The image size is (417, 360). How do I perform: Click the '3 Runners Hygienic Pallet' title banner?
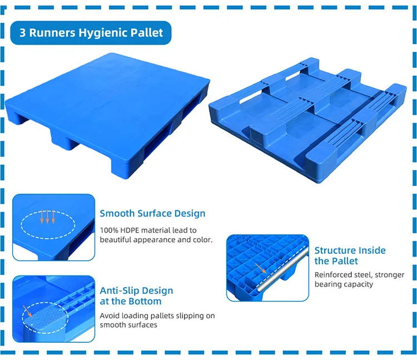tap(91, 33)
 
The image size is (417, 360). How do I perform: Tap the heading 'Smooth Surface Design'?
tap(152, 214)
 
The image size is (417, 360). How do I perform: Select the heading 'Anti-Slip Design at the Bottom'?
tap(136, 296)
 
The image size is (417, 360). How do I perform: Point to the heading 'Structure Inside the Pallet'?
tap(350, 255)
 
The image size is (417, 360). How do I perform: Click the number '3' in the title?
tap(23, 33)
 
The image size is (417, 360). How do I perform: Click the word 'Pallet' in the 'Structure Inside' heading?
tap(345, 261)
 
